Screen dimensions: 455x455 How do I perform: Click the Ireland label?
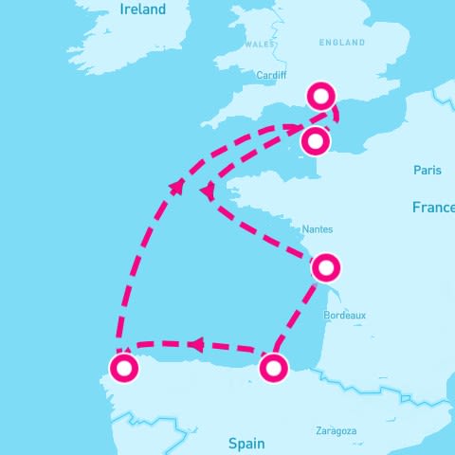143,9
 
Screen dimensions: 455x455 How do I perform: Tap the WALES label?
259,44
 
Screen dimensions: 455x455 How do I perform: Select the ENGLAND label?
342,43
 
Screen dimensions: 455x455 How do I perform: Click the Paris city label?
428,170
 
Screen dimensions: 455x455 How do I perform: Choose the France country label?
432,207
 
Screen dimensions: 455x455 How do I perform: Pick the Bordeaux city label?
344,315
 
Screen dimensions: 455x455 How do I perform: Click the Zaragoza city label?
337,431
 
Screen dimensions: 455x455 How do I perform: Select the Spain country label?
247,443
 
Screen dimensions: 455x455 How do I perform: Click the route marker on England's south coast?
322,95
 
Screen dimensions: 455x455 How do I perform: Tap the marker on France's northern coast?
315,142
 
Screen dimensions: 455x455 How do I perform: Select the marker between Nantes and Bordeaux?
325,267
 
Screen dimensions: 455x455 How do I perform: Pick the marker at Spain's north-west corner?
123,368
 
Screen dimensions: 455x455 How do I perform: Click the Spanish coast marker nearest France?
273,367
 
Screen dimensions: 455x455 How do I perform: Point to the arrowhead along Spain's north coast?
194,344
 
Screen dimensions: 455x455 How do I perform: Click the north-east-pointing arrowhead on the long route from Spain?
176,186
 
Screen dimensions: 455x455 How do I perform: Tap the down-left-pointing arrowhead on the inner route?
206,192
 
